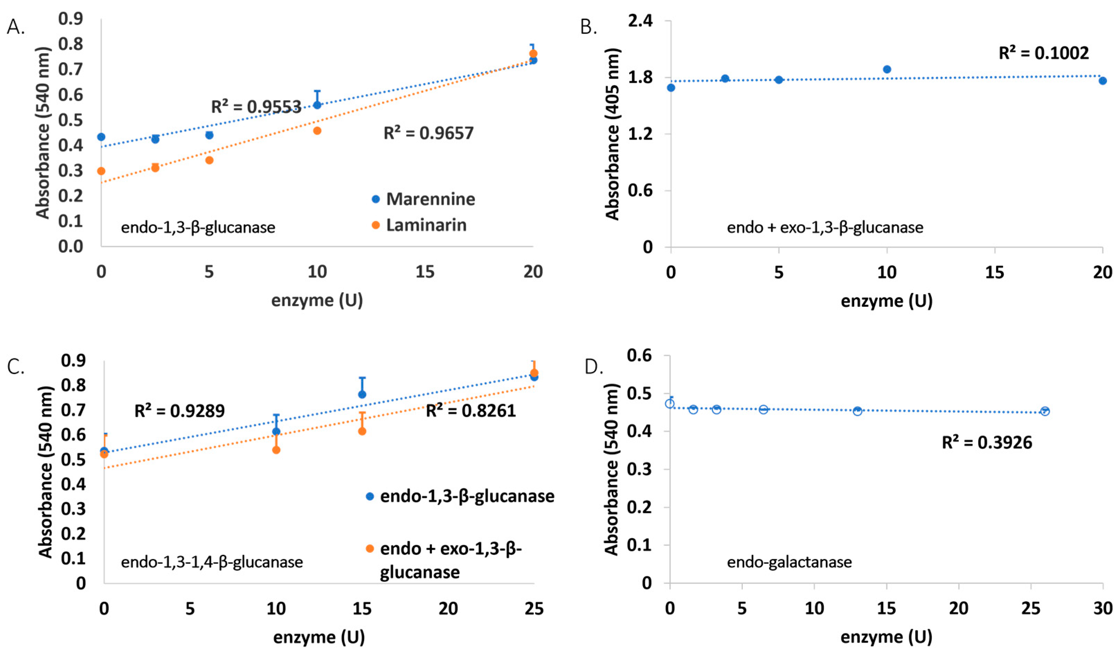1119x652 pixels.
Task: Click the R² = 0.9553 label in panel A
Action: click(256, 107)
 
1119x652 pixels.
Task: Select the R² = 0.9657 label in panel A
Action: click(428, 133)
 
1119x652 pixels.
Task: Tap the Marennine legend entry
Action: click(423, 199)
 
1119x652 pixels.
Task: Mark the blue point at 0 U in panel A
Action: click(101, 137)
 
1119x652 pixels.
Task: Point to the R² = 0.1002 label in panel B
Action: click(1043, 53)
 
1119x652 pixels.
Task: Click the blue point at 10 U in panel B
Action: click(887, 69)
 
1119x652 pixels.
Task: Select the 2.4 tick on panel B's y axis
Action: click(640, 21)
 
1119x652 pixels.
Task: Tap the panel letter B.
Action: click(588, 28)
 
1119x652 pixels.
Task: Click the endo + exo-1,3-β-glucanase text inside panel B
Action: click(824, 228)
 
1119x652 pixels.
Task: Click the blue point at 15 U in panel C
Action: click(362, 394)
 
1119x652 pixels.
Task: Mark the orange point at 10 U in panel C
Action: click(276, 450)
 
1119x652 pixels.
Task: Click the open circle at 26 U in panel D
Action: click(1045, 411)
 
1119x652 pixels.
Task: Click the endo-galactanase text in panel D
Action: click(789, 562)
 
